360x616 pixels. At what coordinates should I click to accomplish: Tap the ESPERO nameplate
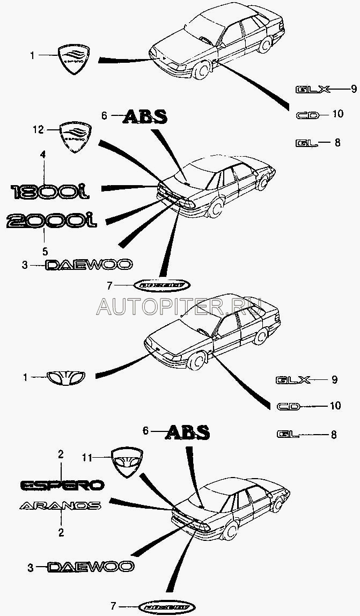(x=62, y=485)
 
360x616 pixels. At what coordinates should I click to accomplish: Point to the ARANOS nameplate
(x=60, y=505)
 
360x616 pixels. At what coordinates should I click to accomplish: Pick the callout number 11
(x=87, y=457)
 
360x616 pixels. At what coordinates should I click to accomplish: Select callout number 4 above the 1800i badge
(x=43, y=155)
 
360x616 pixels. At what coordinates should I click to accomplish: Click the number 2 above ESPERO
(x=61, y=454)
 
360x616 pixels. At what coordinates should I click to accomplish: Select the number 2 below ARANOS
(x=61, y=533)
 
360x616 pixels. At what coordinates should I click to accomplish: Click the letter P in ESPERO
(x=55, y=485)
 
